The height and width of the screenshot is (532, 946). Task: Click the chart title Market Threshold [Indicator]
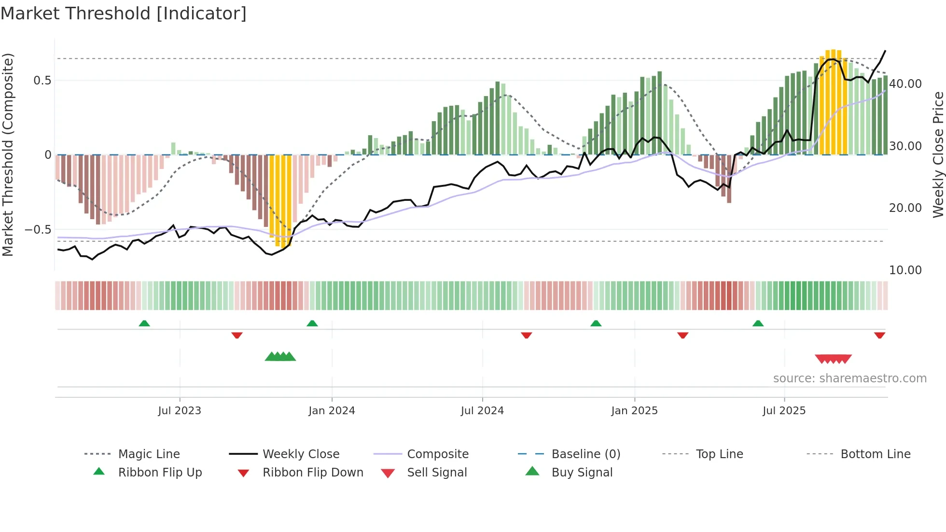pyautogui.click(x=124, y=14)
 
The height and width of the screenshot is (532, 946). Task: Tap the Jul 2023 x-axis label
pyautogui.click(x=180, y=411)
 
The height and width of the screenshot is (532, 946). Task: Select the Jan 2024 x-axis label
pyautogui.click(x=332, y=411)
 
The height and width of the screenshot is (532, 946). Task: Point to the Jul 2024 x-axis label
pyautogui.click(x=482, y=411)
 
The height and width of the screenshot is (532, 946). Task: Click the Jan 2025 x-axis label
pyautogui.click(x=634, y=411)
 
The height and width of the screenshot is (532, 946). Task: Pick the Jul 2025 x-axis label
pyautogui.click(x=784, y=411)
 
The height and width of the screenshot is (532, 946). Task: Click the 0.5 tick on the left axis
pyautogui.click(x=42, y=81)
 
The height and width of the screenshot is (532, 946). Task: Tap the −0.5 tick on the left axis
pyautogui.click(x=38, y=230)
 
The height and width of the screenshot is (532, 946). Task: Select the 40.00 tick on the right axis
pyautogui.click(x=905, y=84)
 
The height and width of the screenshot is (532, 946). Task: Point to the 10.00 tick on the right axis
pyautogui.click(x=905, y=270)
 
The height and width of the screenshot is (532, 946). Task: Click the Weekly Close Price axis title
pyautogui.click(x=938, y=154)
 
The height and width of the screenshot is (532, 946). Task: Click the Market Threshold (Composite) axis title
pyautogui.click(x=8, y=154)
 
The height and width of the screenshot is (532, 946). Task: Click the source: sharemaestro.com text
pyautogui.click(x=849, y=378)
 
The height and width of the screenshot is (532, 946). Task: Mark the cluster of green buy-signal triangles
pyautogui.click(x=280, y=357)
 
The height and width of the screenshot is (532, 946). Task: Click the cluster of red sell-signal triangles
pyautogui.click(x=833, y=359)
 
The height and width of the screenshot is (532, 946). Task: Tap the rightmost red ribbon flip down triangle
pyautogui.click(x=879, y=335)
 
